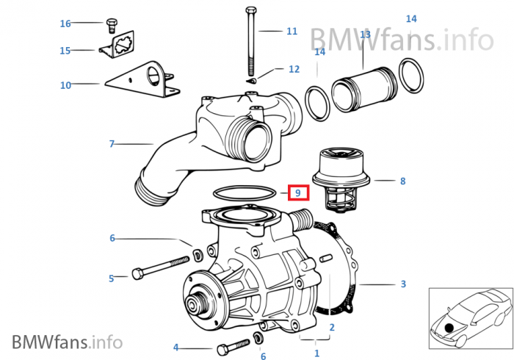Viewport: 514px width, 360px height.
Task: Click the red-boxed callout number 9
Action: point(298,194)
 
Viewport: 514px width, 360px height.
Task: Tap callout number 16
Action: point(65,24)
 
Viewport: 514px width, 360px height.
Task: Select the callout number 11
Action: point(292,32)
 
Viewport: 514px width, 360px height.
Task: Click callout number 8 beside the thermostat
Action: point(402,181)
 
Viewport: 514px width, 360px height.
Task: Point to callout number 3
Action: point(403,284)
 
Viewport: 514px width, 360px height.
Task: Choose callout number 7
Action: point(112,144)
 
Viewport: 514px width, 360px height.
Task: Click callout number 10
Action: point(65,85)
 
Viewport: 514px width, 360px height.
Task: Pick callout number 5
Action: point(112,278)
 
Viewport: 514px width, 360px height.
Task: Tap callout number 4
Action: point(175,348)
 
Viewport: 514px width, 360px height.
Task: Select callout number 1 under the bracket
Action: point(316,353)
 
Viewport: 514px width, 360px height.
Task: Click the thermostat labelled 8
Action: point(338,181)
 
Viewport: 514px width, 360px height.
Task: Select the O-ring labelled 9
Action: point(245,193)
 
